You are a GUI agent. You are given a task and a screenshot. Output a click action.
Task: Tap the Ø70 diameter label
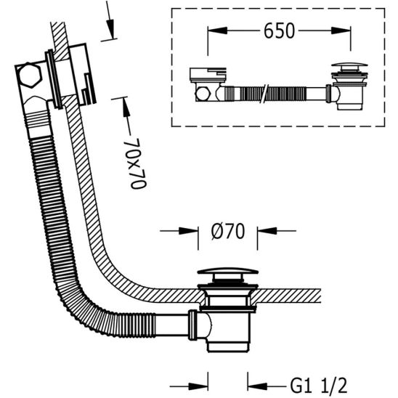point(227,232)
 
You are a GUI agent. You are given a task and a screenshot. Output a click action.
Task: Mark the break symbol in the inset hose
point(269,93)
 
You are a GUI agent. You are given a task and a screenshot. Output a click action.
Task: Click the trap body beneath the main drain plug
point(227,320)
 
